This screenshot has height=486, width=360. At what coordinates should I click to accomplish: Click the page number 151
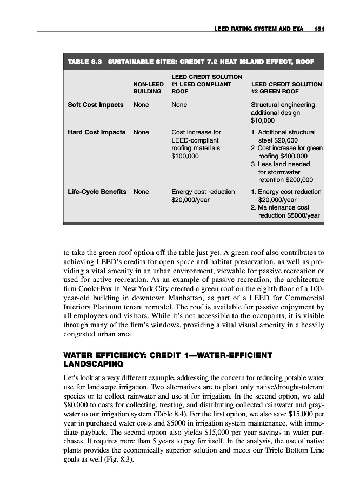tap(317, 27)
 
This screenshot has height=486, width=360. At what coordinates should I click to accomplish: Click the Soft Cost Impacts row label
tap(95, 104)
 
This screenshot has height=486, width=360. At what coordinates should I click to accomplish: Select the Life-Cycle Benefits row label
tap(97, 192)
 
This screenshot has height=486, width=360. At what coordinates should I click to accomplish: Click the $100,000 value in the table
tap(185, 156)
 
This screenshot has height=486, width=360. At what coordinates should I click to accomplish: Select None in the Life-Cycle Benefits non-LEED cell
tap(141, 192)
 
